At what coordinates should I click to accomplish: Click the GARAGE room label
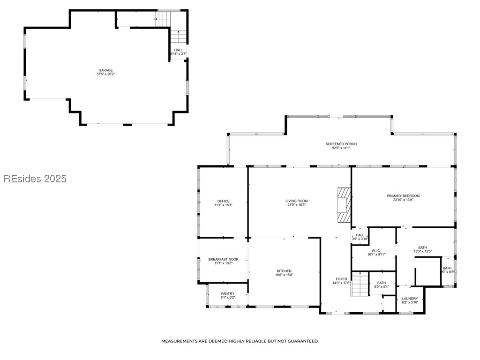click(x=105, y=70)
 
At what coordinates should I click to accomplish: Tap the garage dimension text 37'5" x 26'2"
click(x=105, y=74)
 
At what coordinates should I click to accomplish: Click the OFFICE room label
click(x=223, y=201)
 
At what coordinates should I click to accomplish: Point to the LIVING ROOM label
click(x=296, y=201)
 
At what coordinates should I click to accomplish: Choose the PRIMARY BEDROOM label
click(x=403, y=196)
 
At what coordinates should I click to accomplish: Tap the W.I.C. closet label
click(x=375, y=251)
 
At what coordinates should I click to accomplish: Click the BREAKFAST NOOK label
click(x=223, y=259)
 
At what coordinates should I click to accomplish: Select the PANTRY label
click(x=227, y=294)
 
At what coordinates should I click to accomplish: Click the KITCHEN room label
click(x=284, y=271)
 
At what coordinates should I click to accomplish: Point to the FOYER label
click(x=341, y=279)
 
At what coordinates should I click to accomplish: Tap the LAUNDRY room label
click(x=410, y=299)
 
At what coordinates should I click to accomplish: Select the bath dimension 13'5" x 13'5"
click(x=422, y=251)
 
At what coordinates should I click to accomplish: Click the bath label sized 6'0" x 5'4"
click(x=382, y=283)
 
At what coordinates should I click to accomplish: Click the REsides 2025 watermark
click(x=35, y=179)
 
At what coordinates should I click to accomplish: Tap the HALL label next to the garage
click(x=178, y=50)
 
